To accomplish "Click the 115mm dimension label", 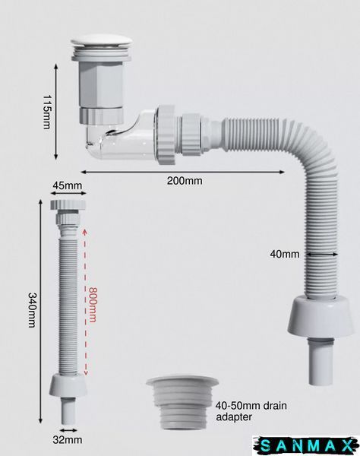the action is (x=46, y=112).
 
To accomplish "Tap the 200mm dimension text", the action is (x=185, y=181).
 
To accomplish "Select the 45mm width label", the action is (x=68, y=185).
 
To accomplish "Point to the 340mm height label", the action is (x=32, y=310).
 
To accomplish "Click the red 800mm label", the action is (x=93, y=305).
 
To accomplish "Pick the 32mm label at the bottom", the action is (x=68, y=440).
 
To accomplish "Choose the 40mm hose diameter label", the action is (x=285, y=254).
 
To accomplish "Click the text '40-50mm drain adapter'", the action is (x=251, y=411).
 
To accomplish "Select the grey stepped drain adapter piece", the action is (x=182, y=404).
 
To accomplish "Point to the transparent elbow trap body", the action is (x=122, y=136).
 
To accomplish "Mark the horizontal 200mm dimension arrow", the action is (x=182, y=173).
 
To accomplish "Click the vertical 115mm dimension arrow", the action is (x=56, y=112).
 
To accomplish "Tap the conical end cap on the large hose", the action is (x=321, y=317).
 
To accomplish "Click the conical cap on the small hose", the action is (x=68, y=385).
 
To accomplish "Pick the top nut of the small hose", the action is (x=68, y=204).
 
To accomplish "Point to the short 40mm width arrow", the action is (x=322, y=254).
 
